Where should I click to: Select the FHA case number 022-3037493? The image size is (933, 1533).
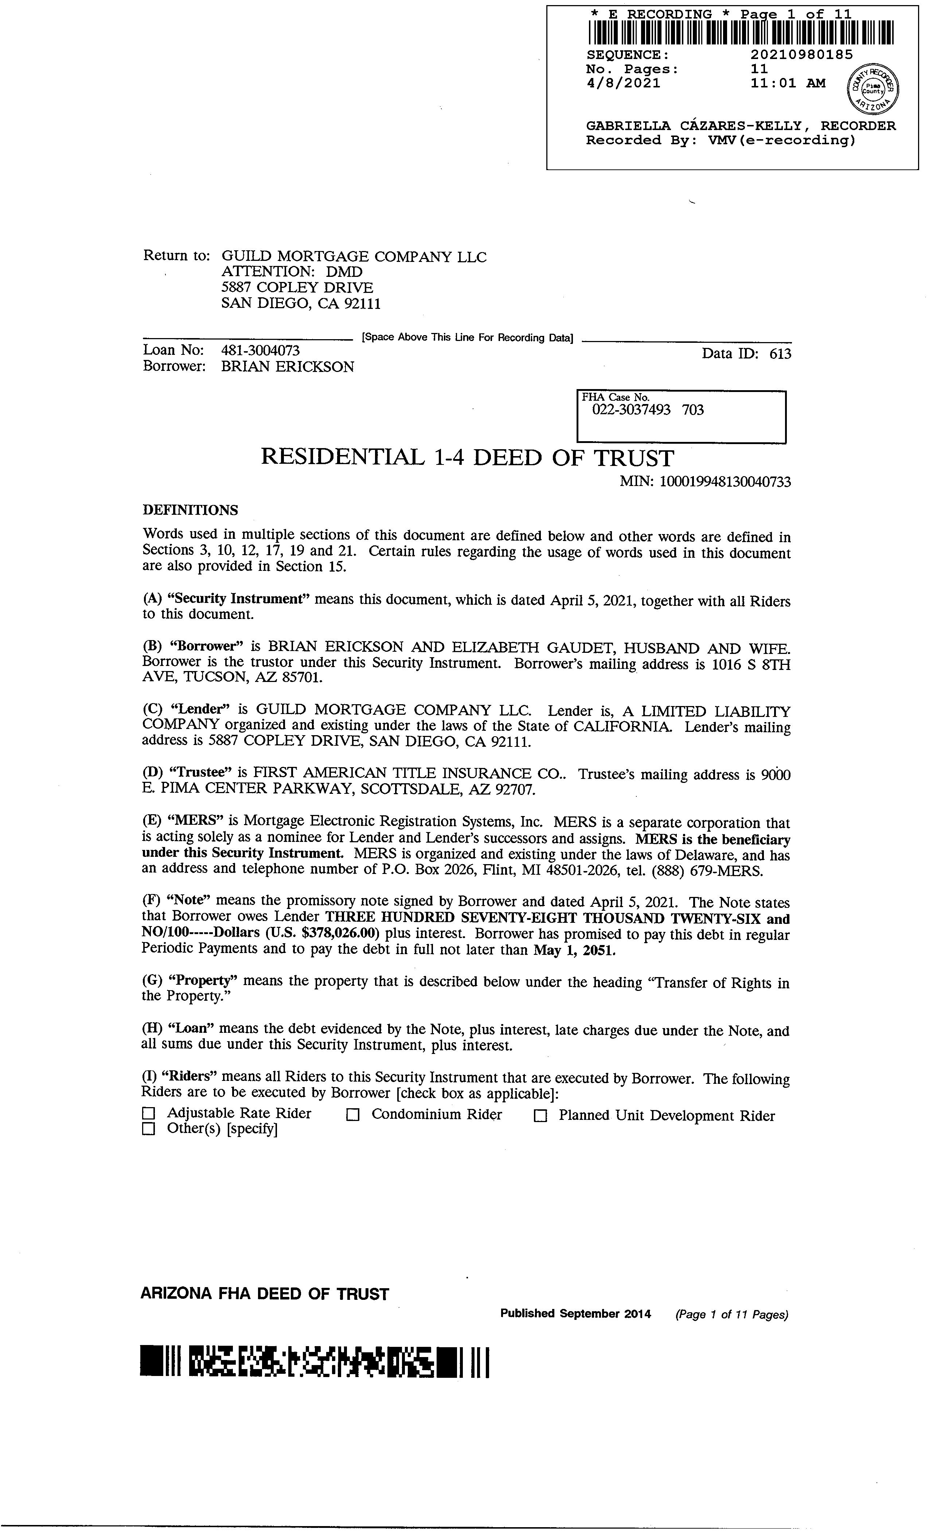[x=631, y=410]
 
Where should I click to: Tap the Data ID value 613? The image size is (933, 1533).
[x=781, y=354]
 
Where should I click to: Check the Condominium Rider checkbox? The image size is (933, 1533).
[x=353, y=1115]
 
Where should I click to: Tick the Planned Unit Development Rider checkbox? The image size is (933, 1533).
[x=540, y=1116]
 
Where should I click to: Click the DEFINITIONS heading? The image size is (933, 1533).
[x=191, y=510]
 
